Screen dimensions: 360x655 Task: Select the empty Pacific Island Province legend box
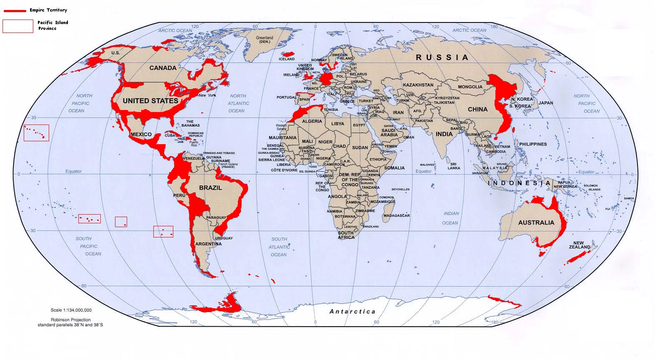coord(18,26)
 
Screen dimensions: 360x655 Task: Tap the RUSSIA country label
coord(442,57)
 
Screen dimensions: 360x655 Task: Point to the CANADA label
coord(162,68)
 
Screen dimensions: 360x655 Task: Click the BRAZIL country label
coord(210,188)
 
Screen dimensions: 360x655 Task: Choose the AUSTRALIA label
coord(536,222)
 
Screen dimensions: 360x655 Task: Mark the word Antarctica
coord(352,311)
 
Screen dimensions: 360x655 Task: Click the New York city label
coord(207,95)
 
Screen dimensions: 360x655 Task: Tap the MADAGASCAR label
coord(396,215)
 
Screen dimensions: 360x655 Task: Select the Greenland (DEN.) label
coord(264,40)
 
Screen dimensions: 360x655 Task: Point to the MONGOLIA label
coord(470,87)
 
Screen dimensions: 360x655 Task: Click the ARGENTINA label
coord(208,244)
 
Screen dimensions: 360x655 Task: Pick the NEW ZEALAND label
coord(579,245)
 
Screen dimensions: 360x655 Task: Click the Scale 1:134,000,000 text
coord(71,310)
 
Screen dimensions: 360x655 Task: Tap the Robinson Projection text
coord(70,320)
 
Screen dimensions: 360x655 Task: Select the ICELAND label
coord(287,59)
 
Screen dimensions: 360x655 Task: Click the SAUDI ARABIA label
coord(389,132)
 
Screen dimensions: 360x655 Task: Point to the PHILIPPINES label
coord(532,144)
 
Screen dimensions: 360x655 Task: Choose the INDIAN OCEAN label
coord(450,218)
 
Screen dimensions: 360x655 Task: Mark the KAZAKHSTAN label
coord(418,85)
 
